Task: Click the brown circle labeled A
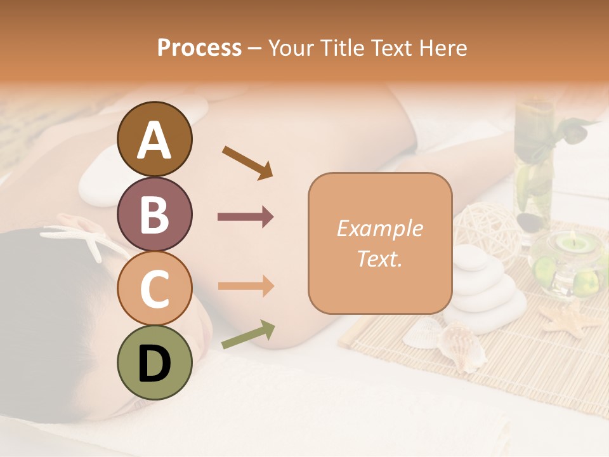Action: pyautogui.click(x=155, y=140)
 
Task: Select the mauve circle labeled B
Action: pyautogui.click(x=155, y=214)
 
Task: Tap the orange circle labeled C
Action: pyautogui.click(x=155, y=288)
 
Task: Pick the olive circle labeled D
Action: pyautogui.click(x=155, y=362)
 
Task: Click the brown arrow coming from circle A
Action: pyautogui.click(x=247, y=162)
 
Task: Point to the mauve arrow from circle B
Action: pyautogui.click(x=246, y=216)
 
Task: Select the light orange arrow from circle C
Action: pyautogui.click(x=246, y=286)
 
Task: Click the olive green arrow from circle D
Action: pyautogui.click(x=248, y=334)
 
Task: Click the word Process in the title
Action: pyautogui.click(x=199, y=48)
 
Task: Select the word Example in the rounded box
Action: pyautogui.click(x=379, y=229)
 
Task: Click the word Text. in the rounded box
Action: pyautogui.click(x=379, y=258)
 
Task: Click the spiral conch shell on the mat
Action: pyautogui.click(x=462, y=346)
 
